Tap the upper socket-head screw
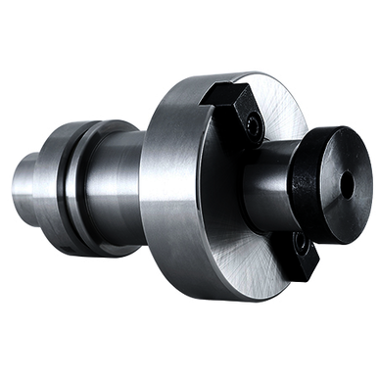tap(255, 123)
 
